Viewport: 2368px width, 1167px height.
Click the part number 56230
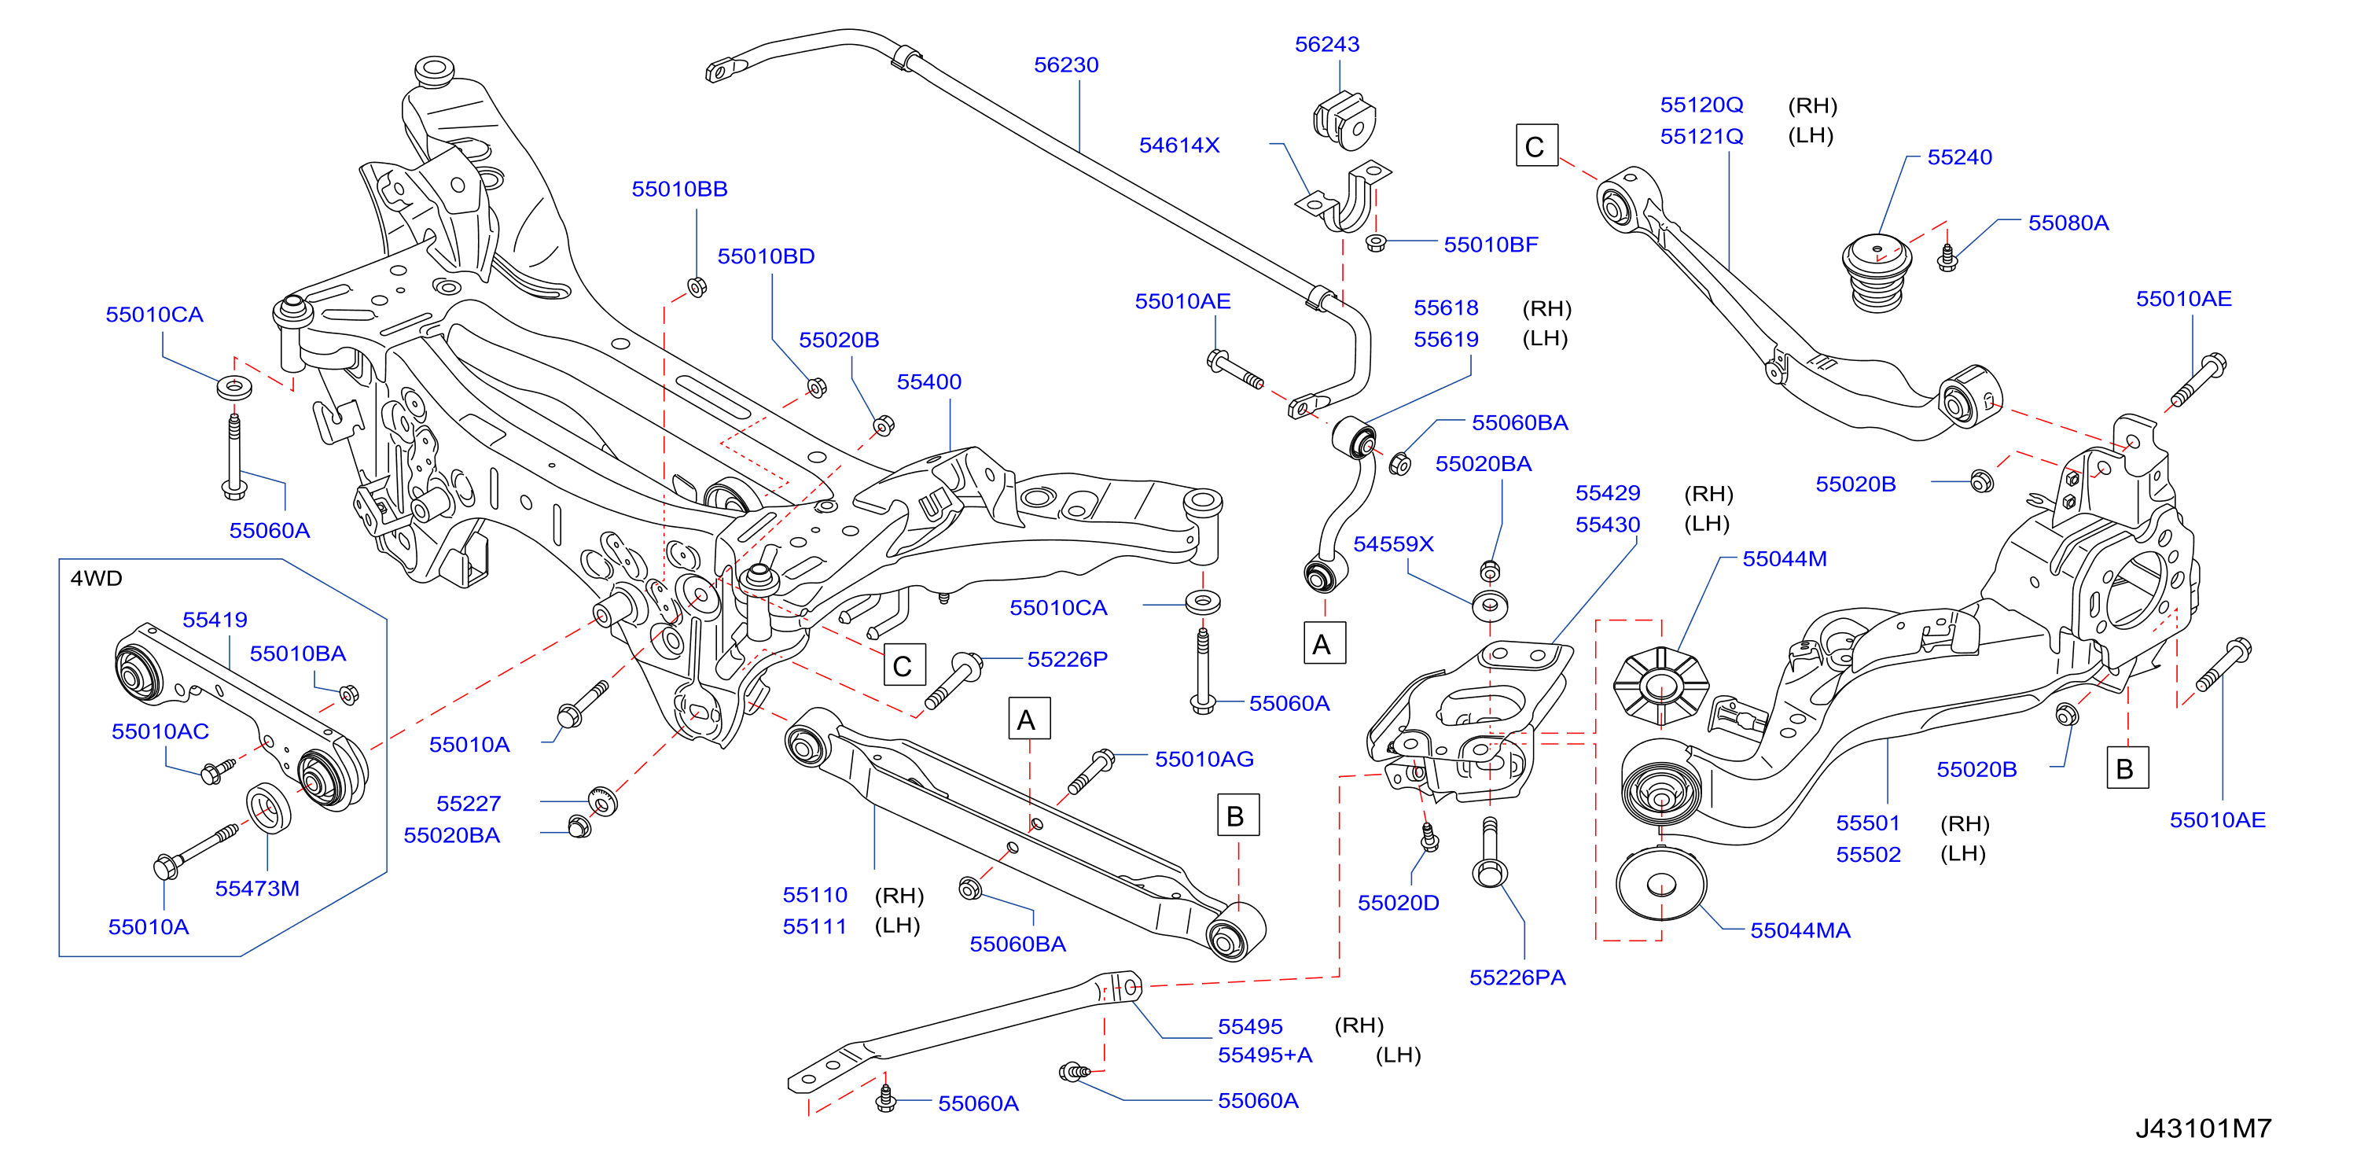pyautogui.click(x=1065, y=65)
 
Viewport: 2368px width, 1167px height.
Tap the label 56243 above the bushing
pyautogui.click(x=1326, y=44)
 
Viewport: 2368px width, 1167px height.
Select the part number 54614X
pyautogui.click(x=1178, y=145)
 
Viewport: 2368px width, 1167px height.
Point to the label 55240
pyautogui.click(x=1960, y=157)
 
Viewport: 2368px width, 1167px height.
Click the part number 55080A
pyautogui.click(x=2068, y=223)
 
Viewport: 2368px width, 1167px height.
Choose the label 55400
pyautogui.click(x=928, y=381)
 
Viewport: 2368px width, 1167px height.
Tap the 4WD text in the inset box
pyautogui.click(x=97, y=579)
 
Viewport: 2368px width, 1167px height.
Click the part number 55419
pyautogui.click(x=215, y=620)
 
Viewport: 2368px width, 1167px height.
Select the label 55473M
pyautogui.click(x=257, y=889)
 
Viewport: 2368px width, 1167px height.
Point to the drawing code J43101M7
pyautogui.click(x=2203, y=1128)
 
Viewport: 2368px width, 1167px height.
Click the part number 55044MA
pyautogui.click(x=1800, y=930)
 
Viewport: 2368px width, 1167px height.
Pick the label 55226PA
pyautogui.click(x=1517, y=977)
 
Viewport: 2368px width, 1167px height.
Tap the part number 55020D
pyautogui.click(x=1398, y=903)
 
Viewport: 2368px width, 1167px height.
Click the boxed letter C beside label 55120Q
pyautogui.click(x=1536, y=146)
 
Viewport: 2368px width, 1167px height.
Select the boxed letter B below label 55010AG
pyautogui.click(x=1237, y=815)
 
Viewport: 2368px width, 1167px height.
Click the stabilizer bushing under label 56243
pyautogui.click(x=1343, y=120)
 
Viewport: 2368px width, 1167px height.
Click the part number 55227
pyautogui.click(x=468, y=804)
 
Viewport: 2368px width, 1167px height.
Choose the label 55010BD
pyautogui.click(x=766, y=256)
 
